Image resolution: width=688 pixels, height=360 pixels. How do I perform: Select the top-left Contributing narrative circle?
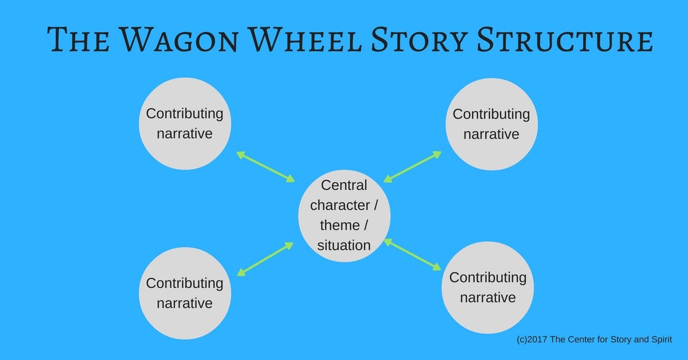(x=185, y=124)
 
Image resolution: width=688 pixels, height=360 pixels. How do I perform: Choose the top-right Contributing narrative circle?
(x=491, y=124)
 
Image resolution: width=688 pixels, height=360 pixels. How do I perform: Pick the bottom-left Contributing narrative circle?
(x=185, y=293)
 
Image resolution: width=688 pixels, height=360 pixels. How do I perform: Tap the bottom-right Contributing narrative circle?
(x=487, y=287)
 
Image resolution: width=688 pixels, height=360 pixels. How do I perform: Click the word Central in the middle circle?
(x=344, y=185)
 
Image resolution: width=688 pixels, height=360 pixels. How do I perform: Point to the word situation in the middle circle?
(x=344, y=245)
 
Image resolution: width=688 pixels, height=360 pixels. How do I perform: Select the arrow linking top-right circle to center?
(x=413, y=167)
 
